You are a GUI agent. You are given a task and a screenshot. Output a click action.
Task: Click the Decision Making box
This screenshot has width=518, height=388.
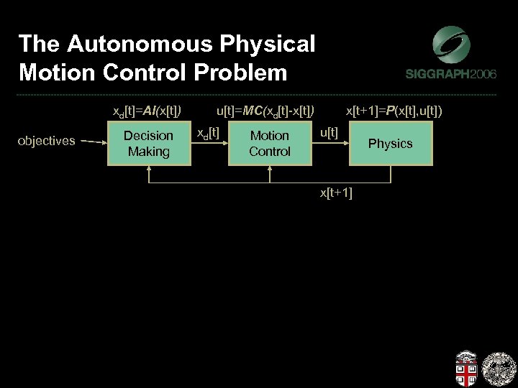[148, 143]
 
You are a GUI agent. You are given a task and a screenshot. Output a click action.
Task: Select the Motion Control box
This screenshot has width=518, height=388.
[269, 143]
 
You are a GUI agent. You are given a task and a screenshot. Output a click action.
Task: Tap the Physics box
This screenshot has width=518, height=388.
[390, 143]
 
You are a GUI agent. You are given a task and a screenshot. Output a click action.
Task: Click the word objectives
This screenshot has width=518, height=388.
[46, 141]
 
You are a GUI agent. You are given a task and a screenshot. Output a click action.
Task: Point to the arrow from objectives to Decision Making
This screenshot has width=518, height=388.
[93, 142]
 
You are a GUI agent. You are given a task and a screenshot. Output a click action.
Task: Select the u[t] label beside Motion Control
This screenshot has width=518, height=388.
[329, 132]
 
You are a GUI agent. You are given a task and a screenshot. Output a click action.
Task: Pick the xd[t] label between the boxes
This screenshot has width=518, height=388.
[208, 132]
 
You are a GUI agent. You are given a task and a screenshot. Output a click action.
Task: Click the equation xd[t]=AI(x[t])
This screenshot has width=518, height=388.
[147, 111]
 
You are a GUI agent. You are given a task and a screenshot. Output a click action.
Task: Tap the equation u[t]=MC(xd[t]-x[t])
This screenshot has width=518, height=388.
[265, 111]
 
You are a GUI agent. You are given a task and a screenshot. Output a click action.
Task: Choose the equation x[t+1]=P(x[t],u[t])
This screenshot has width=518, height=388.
[394, 111]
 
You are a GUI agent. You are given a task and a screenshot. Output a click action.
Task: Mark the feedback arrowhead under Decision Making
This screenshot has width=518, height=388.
[148, 170]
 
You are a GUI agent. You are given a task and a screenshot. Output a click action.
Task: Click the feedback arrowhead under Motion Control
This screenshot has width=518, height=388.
[269, 170]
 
